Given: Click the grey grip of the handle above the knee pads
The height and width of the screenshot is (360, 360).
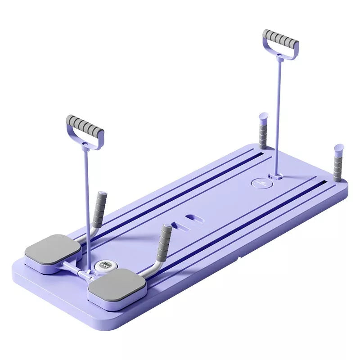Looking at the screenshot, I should point(85,126).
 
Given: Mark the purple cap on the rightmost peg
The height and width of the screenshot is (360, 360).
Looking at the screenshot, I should point(339,148).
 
